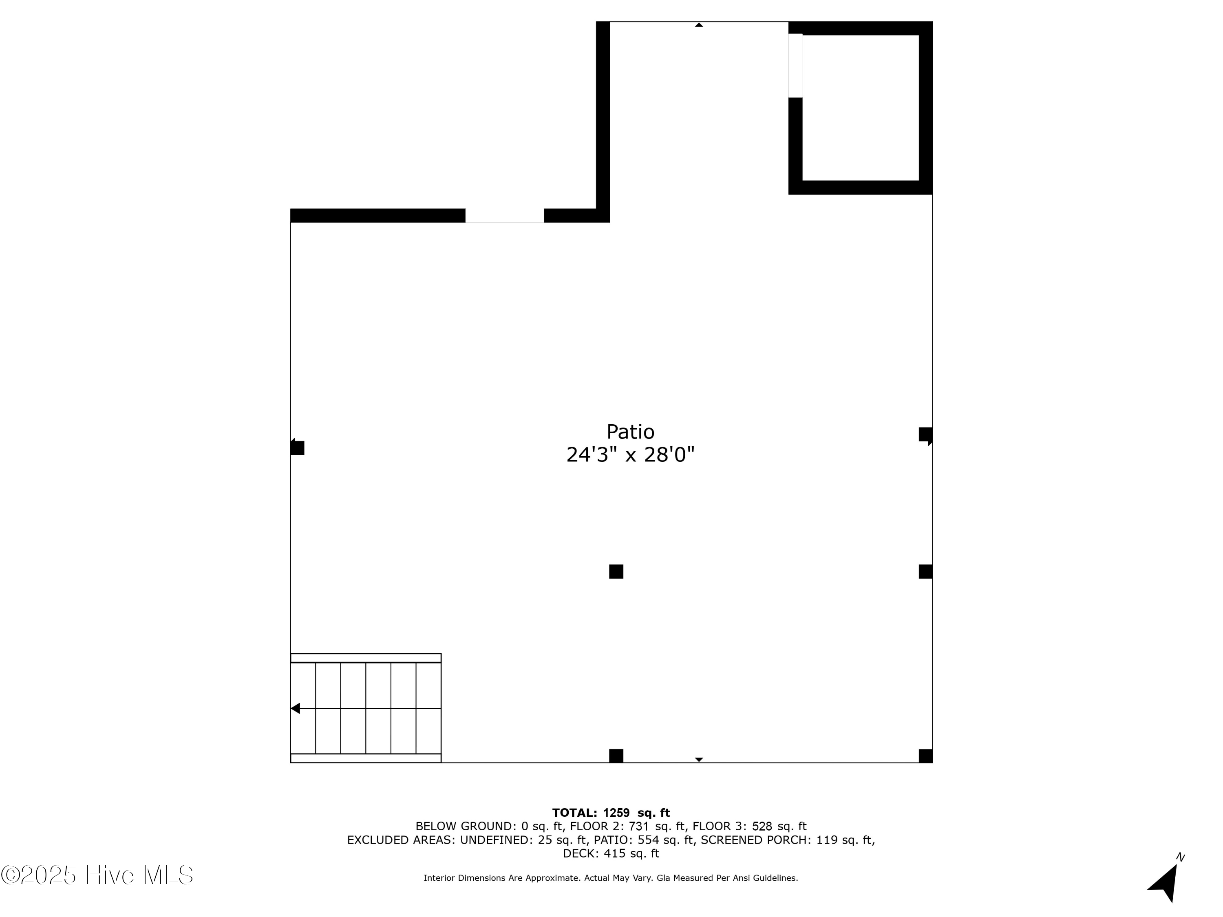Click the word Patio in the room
630,432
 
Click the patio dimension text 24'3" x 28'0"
630,455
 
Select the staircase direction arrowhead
295,708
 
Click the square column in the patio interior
616,571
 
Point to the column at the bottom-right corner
925,756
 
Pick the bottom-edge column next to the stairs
616,756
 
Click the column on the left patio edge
298,448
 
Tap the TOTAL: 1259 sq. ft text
611,813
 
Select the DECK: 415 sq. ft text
611,853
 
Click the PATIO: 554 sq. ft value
644,840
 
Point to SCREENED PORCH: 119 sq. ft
787,840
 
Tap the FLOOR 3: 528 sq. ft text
749,827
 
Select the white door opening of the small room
795,65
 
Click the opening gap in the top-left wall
504,216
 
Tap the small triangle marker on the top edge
699,25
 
